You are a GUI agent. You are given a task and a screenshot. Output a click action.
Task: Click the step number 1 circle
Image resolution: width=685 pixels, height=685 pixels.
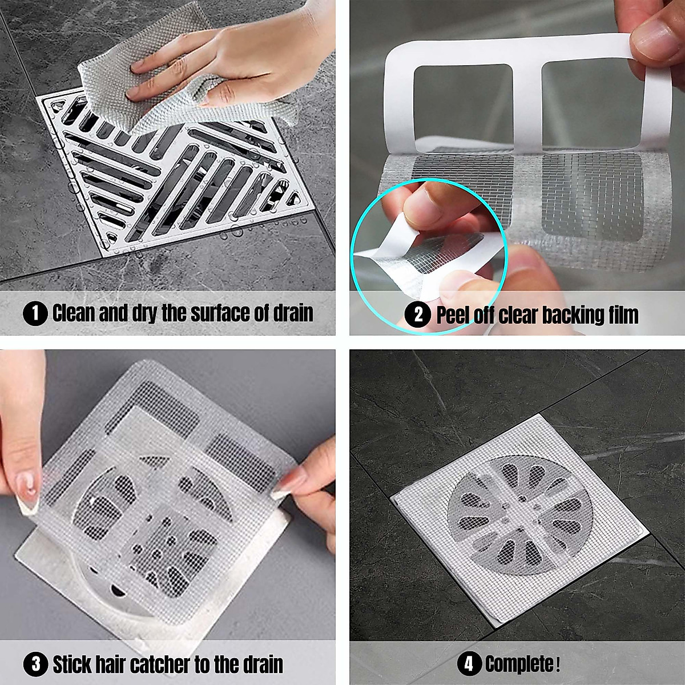(35, 314)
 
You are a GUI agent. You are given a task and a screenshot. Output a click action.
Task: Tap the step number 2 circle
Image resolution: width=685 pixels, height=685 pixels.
(418, 315)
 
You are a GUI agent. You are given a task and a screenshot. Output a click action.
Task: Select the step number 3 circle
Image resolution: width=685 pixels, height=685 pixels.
(35, 664)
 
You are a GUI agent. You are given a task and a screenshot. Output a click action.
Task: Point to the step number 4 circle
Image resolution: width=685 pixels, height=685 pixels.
(469, 664)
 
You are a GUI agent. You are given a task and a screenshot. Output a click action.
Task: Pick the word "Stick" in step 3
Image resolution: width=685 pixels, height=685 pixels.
(72, 664)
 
